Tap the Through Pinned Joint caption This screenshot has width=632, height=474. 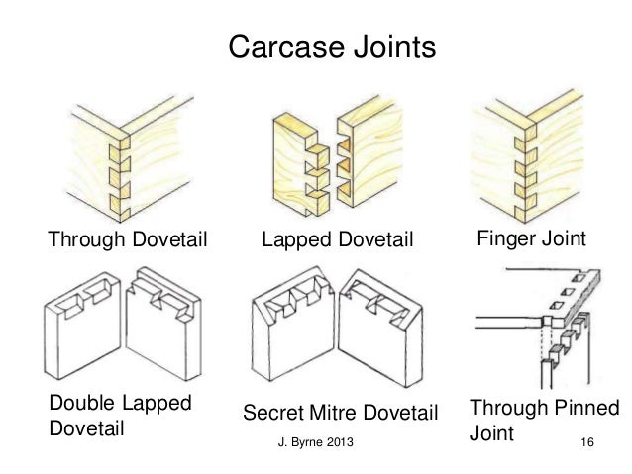point(542,421)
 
